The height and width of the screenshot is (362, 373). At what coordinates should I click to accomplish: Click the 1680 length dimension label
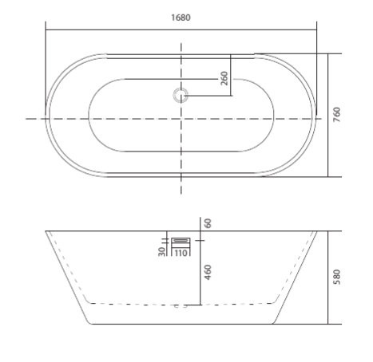tap(181, 18)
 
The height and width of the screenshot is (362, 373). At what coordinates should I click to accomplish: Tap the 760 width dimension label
tap(337, 115)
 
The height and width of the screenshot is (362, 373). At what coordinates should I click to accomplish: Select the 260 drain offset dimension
tap(224, 78)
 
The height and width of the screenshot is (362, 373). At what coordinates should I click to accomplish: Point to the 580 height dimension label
tap(337, 277)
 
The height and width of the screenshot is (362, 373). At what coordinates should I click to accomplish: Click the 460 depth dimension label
tap(208, 272)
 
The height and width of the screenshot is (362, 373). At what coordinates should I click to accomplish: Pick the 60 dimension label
tap(208, 223)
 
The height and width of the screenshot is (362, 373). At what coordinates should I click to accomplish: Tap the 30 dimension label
tap(161, 251)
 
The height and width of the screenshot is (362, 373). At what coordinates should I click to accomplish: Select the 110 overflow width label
tap(181, 253)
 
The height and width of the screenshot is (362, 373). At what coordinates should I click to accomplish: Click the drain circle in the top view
tap(181, 96)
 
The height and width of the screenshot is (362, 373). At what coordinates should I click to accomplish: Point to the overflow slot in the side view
tap(181, 240)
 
